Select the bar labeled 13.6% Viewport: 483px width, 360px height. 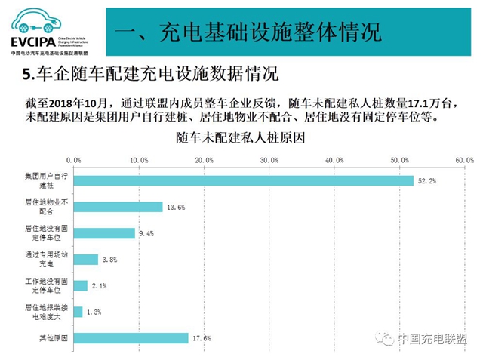click(x=117, y=207)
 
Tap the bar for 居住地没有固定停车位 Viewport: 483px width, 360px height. click(x=103, y=233)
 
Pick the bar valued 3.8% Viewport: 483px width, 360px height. click(x=85, y=260)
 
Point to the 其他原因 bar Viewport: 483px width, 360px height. click(x=130, y=338)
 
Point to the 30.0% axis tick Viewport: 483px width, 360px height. click(x=269, y=160)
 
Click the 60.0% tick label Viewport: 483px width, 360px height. click(x=463, y=160)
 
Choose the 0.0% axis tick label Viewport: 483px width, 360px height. click(x=73, y=160)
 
